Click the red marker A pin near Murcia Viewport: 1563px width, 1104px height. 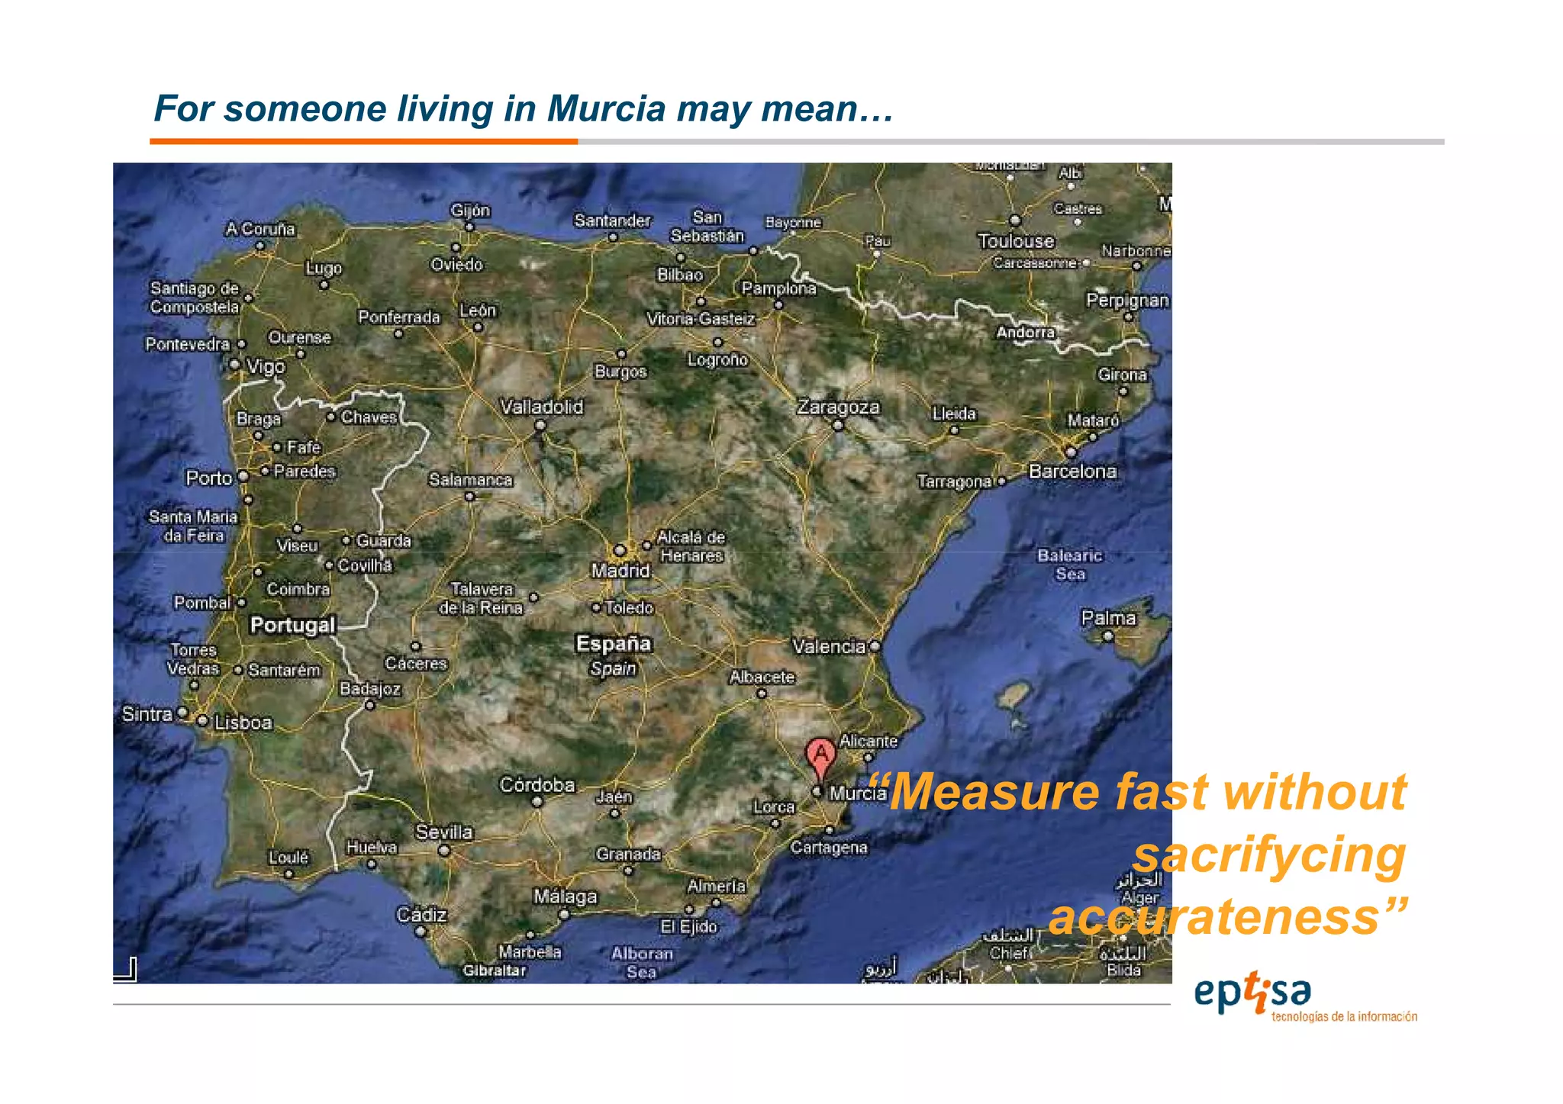(820, 756)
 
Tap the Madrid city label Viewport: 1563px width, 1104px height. (620, 571)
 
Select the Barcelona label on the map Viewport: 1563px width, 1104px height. (1072, 472)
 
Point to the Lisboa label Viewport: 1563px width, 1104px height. (243, 723)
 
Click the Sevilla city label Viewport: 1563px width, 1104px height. (443, 832)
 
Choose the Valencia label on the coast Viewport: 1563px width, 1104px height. (829, 647)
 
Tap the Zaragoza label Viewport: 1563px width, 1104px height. (838, 407)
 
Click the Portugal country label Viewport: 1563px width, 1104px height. (292, 625)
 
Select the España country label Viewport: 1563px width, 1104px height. (614, 644)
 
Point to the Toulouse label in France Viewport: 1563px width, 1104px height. (1016, 241)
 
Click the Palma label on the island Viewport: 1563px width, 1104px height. (1108, 618)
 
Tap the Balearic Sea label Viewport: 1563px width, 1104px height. (1069, 565)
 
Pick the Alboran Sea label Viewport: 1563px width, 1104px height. (642, 963)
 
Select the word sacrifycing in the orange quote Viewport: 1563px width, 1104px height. (1268, 855)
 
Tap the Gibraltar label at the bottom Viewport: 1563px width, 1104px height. (494, 970)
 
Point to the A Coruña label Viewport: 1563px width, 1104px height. (259, 229)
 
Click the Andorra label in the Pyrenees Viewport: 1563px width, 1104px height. (1025, 333)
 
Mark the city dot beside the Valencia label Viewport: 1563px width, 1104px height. (875, 646)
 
